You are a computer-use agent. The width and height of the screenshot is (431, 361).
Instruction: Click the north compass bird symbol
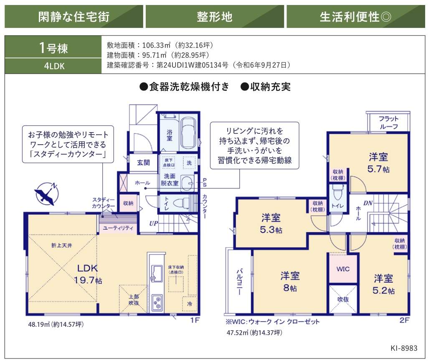tap(46, 193)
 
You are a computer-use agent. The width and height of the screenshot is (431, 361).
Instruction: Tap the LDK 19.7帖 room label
tap(88, 274)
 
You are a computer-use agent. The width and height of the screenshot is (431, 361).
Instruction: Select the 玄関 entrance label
tap(143, 163)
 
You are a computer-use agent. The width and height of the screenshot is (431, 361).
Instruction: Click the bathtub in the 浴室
tap(189, 133)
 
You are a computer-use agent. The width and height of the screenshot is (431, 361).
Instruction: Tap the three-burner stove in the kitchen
tap(157, 303)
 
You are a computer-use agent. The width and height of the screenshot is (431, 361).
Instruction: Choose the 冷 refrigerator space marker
tap(189, 303)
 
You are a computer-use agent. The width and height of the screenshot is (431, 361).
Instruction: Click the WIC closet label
tap(343, 269)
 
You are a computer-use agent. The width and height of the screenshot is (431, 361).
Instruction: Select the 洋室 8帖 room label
tap(290, 281)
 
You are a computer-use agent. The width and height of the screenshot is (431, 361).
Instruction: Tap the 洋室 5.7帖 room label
tap(378, 163)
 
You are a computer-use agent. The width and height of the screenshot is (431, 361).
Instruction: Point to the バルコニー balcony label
tap(239, 282)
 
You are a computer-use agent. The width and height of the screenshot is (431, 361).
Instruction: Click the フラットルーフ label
tap(388, 122)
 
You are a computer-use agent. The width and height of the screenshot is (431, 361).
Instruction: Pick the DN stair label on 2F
tap(368, 203)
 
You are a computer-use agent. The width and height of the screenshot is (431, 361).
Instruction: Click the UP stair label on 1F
tap(153, 223)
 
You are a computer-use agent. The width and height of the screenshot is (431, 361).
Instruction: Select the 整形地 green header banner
tap(215, 16)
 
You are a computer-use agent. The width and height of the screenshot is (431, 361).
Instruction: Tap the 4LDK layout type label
tap(54, 66)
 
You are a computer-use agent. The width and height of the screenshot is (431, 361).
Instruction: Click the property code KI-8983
tap(404, 348)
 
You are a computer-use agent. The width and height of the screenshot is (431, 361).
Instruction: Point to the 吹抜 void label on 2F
tap(343, 299)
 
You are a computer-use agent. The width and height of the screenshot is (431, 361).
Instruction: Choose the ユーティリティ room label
tap(118, 228)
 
